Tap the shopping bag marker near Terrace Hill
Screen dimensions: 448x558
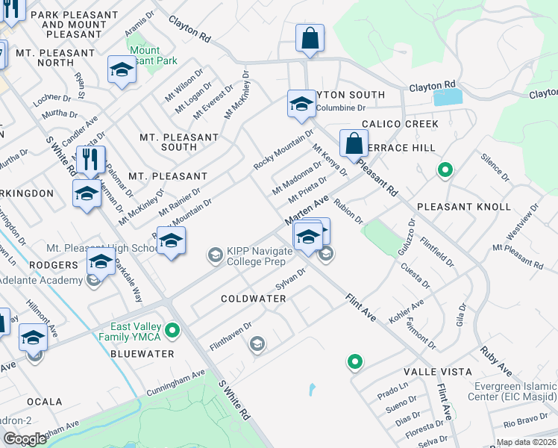tap(353, 143)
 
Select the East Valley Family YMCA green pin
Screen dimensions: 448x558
tap(173, 329)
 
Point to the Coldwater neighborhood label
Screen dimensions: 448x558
tap(254, 299)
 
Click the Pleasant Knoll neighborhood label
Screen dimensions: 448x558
tap(463, 207)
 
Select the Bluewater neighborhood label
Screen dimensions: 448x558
tap(142, 354)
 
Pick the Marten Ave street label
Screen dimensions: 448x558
tap(306, 211)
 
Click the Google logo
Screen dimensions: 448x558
tap(24, 439)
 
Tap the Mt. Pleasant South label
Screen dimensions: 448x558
tap(179, 142)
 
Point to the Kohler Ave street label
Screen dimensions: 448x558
tap(406, 311)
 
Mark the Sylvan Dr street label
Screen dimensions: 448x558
tap(291, 280)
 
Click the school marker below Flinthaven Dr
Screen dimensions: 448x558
tap(257, 343)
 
